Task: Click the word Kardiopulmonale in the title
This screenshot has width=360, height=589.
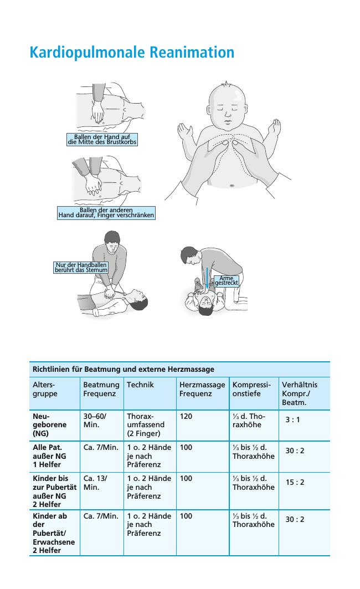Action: pos(88,53)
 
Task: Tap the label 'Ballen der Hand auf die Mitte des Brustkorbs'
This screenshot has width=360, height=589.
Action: pos(102,140)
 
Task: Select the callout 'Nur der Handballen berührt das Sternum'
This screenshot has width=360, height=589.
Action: pos(81,268)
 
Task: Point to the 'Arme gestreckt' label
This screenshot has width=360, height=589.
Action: pos(227,281)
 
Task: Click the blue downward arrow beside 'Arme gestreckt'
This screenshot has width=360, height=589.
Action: pos(207,278)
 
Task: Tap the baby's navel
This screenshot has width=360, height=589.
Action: pos(232,185)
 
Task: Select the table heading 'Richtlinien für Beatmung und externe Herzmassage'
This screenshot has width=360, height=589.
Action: pos(124,369)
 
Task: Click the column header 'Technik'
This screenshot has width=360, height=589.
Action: pos(140,385)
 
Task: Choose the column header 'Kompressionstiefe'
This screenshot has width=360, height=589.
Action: pos(251,389)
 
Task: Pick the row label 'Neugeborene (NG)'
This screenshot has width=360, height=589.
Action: pos(49,425)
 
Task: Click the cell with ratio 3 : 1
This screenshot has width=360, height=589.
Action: pos(293,419)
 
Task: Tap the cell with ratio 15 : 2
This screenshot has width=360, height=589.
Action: pos(295,482)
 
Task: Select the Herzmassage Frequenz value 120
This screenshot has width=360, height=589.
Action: pos(186,416)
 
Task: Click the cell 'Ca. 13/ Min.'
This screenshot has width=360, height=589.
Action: pos(95,483)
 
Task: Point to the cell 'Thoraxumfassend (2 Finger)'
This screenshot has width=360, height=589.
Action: pos(146,425)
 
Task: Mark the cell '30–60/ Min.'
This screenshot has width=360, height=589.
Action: pos(95,421)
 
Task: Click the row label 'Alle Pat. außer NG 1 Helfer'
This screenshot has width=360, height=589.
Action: pos(49,456)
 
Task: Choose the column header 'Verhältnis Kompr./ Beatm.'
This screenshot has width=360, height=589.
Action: pos(300,393)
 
